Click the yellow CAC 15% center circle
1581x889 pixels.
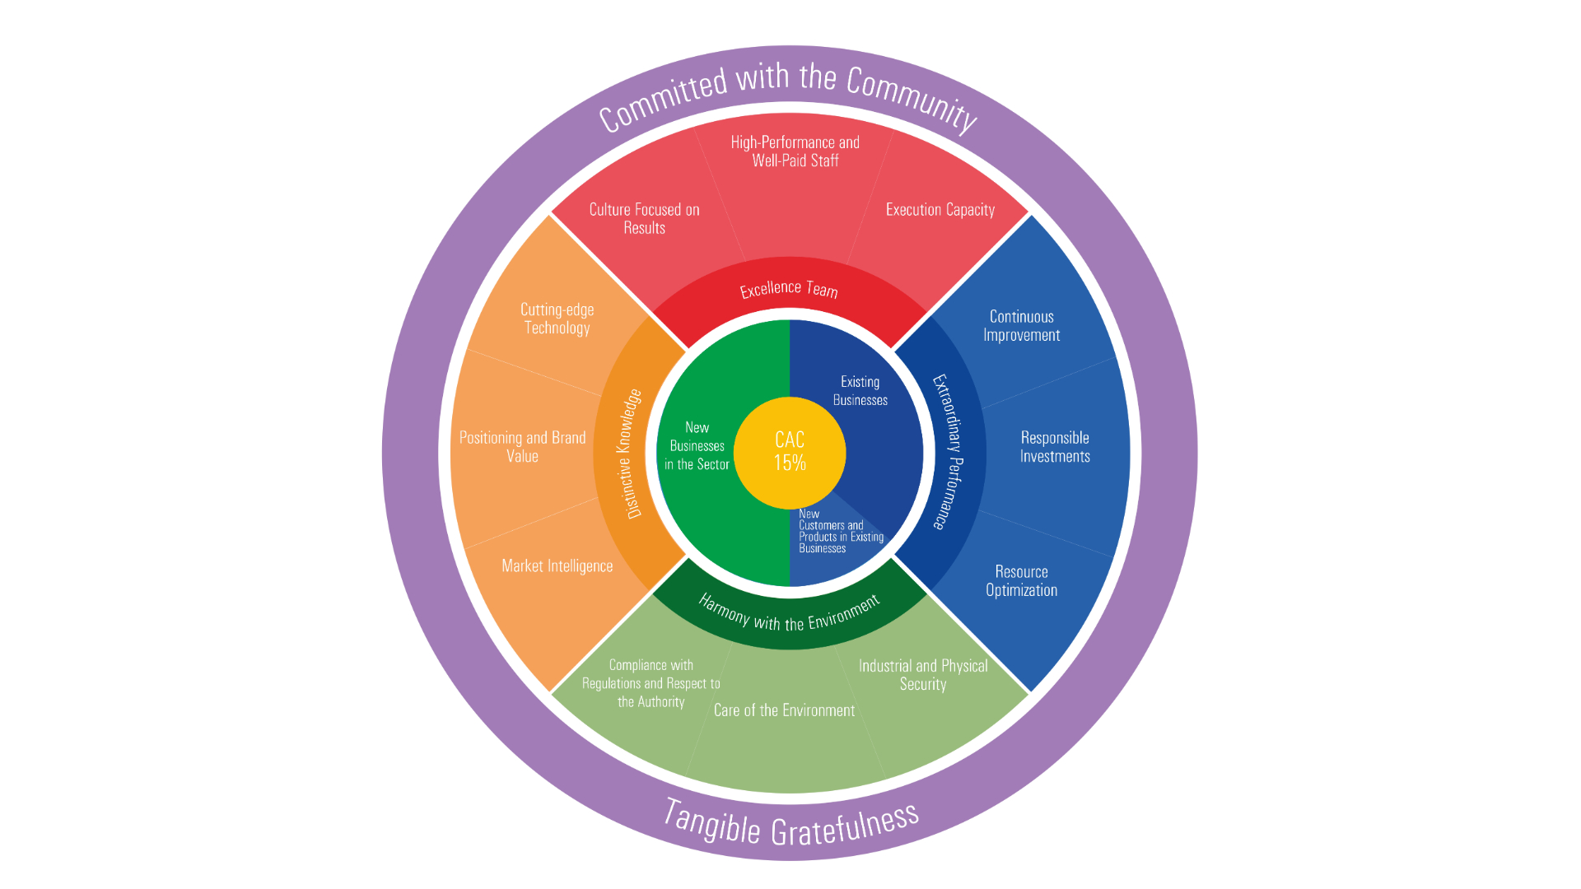[789, 452]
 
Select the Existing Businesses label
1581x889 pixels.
[860, 391]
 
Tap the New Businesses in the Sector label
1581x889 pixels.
[697, 446]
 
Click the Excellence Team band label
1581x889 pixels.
[788, 289]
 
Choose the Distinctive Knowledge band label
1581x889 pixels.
[630, 454]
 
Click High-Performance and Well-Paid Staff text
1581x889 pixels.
[795, 151]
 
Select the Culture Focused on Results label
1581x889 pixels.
[644, 219]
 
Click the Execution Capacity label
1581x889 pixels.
[940, 210]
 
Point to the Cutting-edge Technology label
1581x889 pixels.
[557, 319]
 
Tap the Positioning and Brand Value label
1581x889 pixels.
[522, 447]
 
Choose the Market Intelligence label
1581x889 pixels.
[557, 566]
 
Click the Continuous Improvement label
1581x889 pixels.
[1021, 326]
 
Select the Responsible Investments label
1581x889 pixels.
[1054, 447]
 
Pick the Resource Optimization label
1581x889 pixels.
[1021, 581]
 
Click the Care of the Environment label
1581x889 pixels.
[784, 710]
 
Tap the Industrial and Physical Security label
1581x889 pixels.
[922, 675]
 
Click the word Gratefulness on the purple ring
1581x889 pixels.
[845, 825]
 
